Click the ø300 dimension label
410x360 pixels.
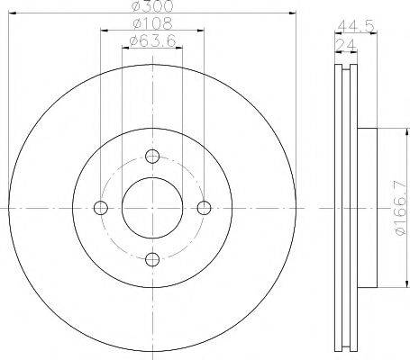[150, 6]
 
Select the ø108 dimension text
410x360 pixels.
[150, 22]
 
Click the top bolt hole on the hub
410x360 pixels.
[151, 155]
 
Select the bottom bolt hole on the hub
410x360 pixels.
[151, 260]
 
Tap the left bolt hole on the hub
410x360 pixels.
[100, 208]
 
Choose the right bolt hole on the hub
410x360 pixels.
[204, 208]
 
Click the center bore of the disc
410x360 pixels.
[151, 208]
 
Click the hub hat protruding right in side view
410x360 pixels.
[367, 208]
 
